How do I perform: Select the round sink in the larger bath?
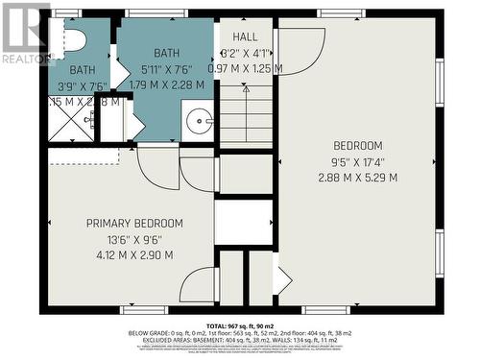200,120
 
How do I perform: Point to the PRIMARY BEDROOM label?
134,224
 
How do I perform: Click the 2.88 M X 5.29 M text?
358,178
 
